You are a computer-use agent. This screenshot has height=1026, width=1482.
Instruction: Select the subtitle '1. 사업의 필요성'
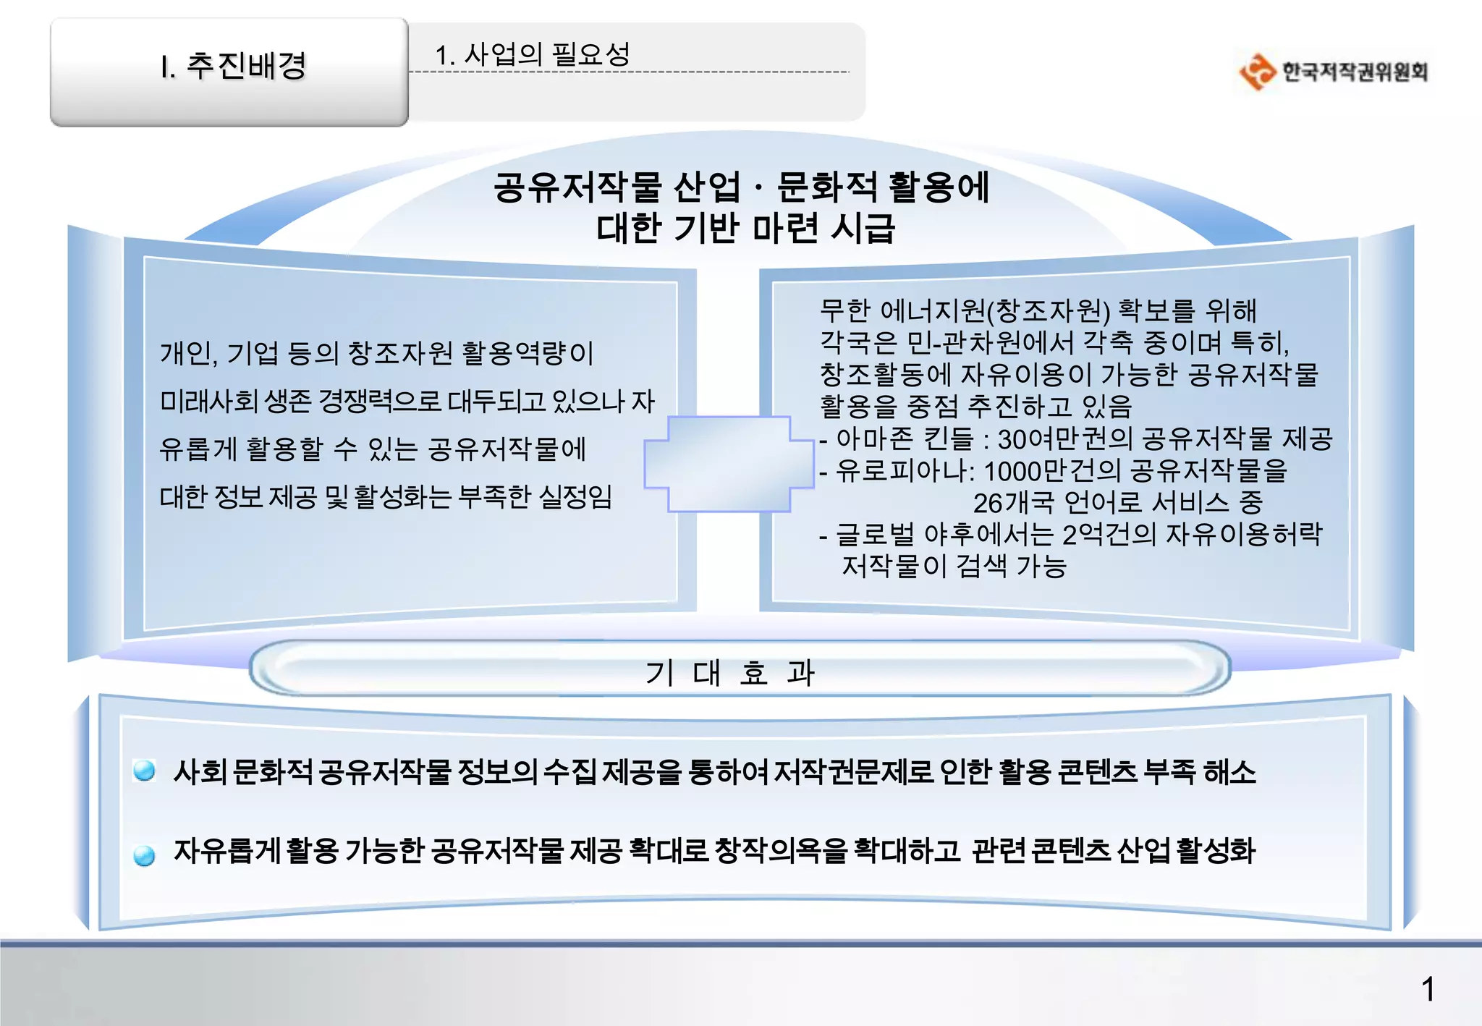(x=532, y=54)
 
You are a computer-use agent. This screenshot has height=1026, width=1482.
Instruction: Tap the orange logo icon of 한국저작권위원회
(x=1257, y=72)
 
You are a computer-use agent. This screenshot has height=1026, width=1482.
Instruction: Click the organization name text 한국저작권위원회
(x=1355, y=72)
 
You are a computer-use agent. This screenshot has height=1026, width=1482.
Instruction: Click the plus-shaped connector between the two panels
(x=729, y=464)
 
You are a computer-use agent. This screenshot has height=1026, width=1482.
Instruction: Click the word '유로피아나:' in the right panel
(x=905, y=471)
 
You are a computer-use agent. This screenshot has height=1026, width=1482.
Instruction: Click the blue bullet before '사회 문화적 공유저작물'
(x=145, y=771)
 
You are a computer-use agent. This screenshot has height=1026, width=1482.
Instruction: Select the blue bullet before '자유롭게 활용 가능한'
(x=145, y=855)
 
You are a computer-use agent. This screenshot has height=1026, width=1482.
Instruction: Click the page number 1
(x=1428, y=989)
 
